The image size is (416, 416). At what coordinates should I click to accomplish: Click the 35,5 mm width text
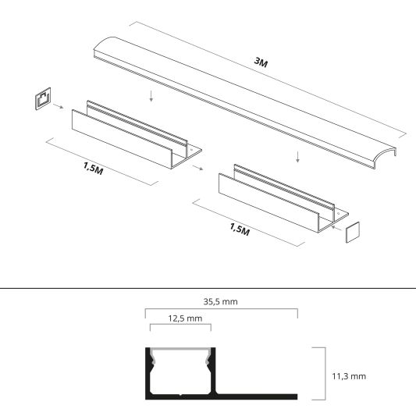[221, 300]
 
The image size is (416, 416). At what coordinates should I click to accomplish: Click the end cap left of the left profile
[43, 100]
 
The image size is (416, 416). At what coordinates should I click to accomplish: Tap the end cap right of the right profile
[354, 233]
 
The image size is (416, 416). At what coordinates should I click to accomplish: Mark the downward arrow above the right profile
[297, 157]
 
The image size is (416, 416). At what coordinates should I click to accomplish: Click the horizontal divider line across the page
[208, 287]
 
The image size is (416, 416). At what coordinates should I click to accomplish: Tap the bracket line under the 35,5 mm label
[221, 310]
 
